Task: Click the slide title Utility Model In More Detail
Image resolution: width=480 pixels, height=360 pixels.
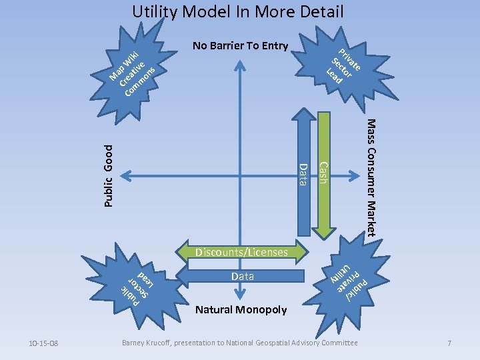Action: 237,12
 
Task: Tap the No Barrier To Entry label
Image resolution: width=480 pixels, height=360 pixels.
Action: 240,46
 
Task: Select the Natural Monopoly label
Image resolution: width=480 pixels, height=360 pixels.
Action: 241,309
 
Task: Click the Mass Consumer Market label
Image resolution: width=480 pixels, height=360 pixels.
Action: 371,177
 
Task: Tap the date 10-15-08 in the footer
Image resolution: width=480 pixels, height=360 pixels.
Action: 44,343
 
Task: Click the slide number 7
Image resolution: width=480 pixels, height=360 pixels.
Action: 450,343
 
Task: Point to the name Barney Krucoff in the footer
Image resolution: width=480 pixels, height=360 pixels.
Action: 143,343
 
